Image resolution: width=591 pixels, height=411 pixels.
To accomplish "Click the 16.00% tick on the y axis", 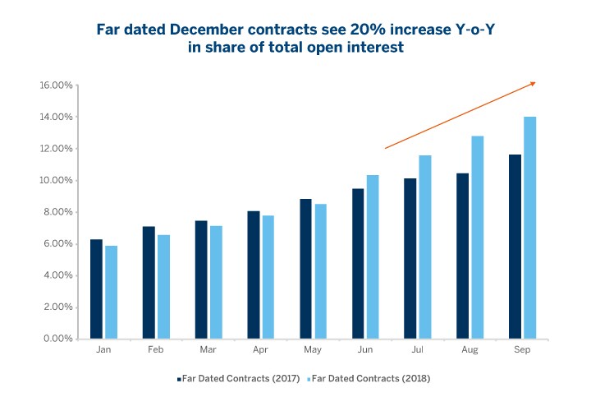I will click(57, 85).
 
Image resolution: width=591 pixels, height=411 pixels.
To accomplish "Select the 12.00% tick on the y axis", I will click(57, 149).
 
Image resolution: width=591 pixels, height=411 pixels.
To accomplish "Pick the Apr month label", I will click(261, 350).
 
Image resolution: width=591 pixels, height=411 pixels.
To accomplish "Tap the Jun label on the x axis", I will click(365, 350).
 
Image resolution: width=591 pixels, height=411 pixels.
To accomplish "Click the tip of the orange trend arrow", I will click(535, 82).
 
